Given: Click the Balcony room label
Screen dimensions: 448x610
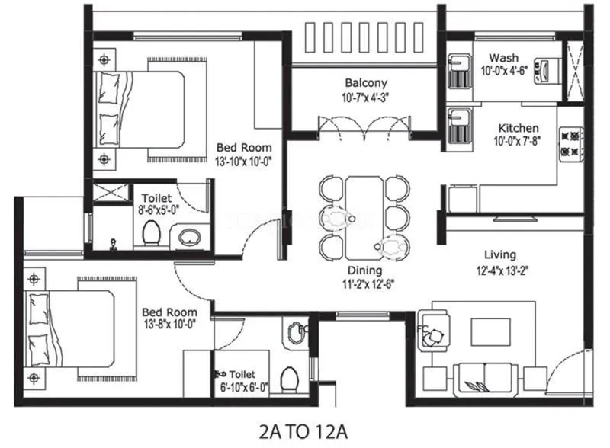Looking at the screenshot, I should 366,83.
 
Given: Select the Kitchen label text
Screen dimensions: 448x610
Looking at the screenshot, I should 518,128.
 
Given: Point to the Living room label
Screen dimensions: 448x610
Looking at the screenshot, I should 500,254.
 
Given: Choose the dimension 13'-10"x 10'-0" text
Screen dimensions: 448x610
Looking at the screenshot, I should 244,161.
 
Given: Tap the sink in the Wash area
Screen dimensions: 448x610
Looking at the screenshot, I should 459,71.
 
